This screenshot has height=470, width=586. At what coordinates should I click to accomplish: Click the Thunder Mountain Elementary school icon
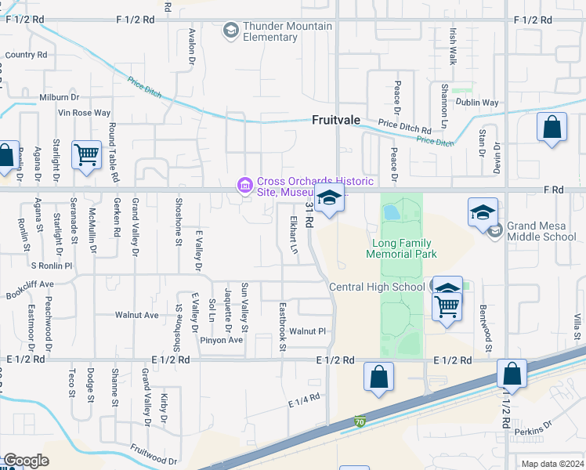[x=231, y=31]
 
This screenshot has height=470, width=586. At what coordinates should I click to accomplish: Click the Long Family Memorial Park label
[x=403, y=248]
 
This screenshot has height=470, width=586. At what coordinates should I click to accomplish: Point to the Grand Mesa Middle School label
[x=541, y=231]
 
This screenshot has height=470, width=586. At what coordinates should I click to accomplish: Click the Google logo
[x=26, y=461]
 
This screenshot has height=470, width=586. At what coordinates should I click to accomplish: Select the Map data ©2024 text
[x=552, y=464]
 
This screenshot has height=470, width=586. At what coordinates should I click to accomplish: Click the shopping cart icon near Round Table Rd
[x=85, y=154]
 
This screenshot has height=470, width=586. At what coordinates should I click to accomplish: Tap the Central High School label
[x=377, y=287]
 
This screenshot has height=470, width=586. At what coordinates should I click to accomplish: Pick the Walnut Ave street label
[x=136, y=316]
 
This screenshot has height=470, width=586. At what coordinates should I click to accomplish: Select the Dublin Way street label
[x=478, y=103]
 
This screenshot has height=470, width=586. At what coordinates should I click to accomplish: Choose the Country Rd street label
[x=26, y=55]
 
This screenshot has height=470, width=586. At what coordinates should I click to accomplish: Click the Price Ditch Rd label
[x=404, y=127]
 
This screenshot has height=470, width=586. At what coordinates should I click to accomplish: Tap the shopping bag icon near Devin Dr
[x=552, y=128]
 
